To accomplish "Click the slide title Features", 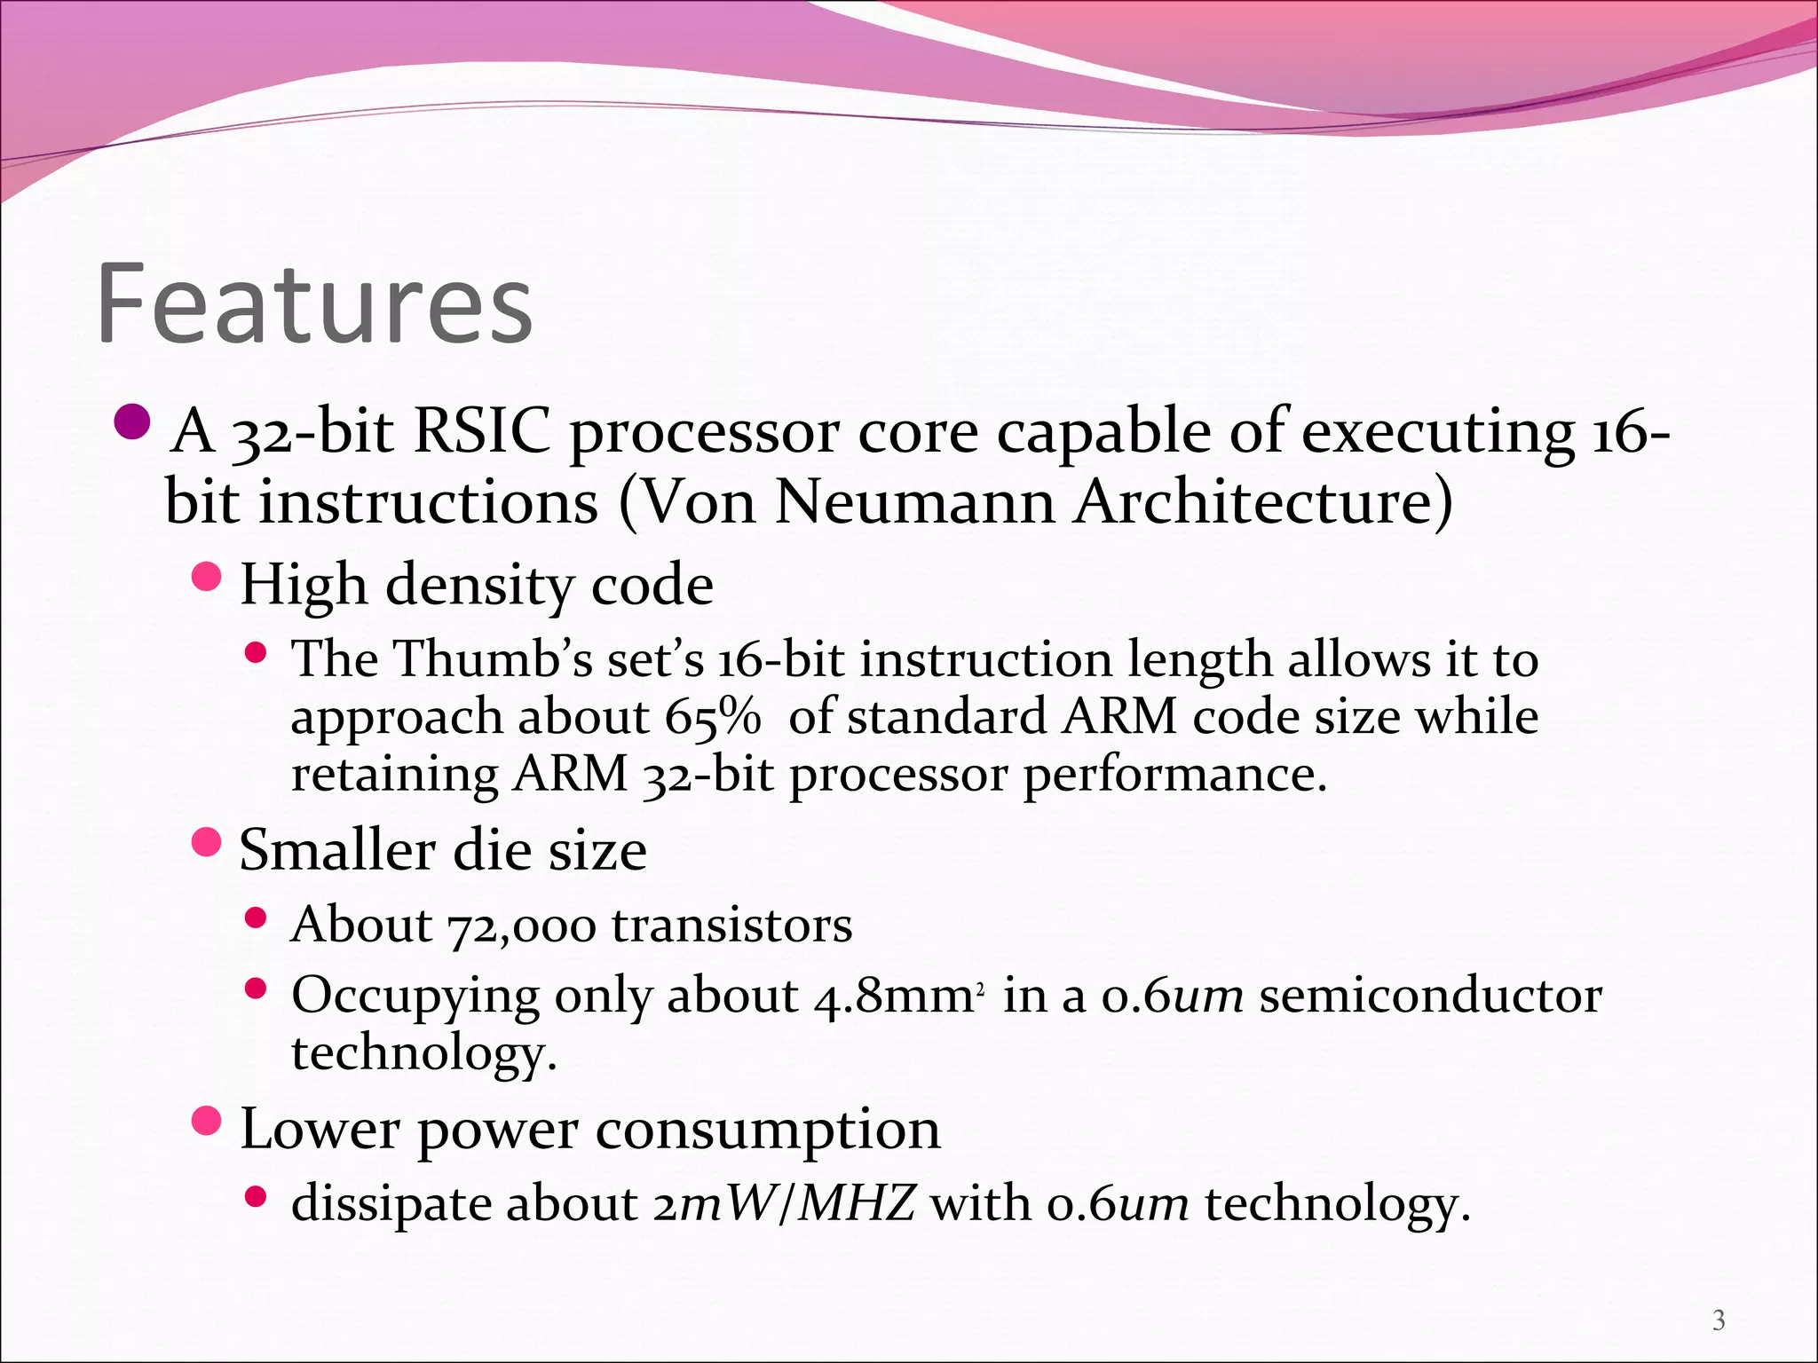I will (x=314, y=303).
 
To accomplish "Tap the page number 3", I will (x=1719, y=1320).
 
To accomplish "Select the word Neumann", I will (x=915, y=503).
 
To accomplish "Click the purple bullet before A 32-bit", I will (x=134, y=422).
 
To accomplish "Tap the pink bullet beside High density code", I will (x=206, y=578).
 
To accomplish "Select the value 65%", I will (x=713, y=717).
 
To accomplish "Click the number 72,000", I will (x=522, y=926).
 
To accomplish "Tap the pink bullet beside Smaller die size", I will (x=206, y=842).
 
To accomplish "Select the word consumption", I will (x=768, y=1131).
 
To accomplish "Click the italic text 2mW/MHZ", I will (x=784, y=1204).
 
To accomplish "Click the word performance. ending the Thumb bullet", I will (x=1174, y=775).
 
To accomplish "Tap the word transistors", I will (x=731, y=926).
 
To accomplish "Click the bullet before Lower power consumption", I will (x=206, y=1122).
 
